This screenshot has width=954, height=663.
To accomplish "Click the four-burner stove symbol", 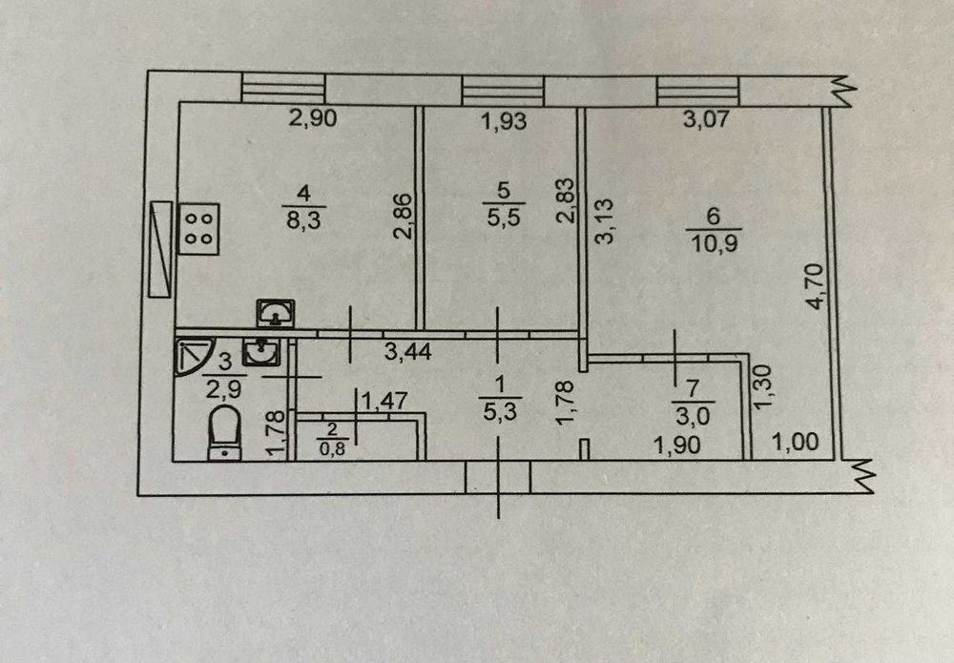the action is coord(198,229).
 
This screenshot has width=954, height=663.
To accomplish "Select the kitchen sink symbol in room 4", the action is coord(276,313).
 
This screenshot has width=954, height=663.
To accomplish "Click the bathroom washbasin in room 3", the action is coord(261,353).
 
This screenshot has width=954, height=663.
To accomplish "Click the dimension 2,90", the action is coord(312,117).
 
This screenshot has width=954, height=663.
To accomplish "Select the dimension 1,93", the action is coord(504,121).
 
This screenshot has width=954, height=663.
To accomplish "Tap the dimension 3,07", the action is coord(705,118).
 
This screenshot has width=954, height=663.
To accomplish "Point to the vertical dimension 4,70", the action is coord(815,286).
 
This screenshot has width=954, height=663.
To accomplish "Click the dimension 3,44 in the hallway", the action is coord(408,351).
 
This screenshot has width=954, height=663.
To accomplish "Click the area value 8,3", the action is coord(303,219).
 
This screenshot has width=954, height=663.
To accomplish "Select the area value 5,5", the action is coord(504,216).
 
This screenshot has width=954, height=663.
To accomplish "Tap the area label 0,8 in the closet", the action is coord(333,450).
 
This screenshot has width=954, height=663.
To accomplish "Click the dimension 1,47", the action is coord(384,401).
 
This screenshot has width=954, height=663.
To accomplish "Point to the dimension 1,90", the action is coord(676,445).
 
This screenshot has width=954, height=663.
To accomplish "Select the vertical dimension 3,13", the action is coord(604,220).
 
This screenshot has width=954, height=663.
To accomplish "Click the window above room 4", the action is coord(283,88).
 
